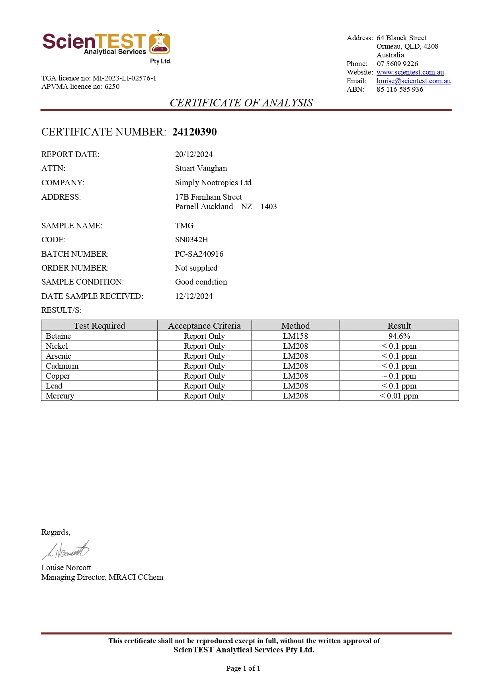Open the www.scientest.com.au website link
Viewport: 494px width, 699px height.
coord(410,72)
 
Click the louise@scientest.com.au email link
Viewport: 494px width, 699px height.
coord(414,81)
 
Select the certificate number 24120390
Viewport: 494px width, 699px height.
coord(194,132)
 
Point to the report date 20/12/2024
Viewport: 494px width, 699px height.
coord(194,154)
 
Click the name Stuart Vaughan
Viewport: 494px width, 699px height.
coord(201,168)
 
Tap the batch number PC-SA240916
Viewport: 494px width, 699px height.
coord(199,254)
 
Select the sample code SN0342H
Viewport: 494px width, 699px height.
coord(191,240)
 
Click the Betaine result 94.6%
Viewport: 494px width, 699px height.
coord(399,336)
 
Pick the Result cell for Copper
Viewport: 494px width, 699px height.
coord(399,376)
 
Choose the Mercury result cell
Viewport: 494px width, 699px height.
coord(399,396)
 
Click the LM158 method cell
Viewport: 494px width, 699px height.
coord(295,336)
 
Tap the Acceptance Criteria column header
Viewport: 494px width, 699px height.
coord(204,326)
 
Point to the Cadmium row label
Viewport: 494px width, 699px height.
coord(62,366)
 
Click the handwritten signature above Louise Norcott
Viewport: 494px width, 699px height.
coord(66,550)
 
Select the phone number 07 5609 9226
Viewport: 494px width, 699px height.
coord(397,64)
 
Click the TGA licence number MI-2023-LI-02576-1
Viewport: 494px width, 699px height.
coord(124,78)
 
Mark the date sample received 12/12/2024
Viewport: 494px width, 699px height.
coord(194,296)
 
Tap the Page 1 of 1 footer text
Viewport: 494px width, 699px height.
coord(243,668)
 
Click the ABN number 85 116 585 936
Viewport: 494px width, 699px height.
coord(400,89)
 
